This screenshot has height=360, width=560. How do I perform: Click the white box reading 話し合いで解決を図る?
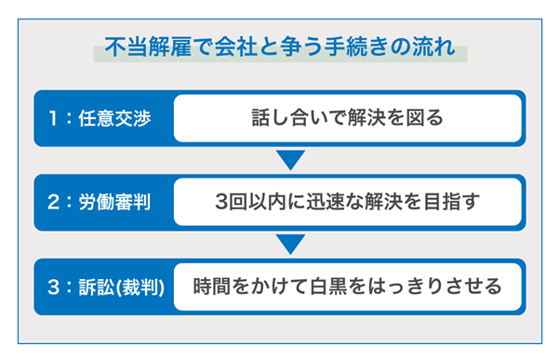347,119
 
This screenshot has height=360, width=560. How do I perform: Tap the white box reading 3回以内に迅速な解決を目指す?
347,202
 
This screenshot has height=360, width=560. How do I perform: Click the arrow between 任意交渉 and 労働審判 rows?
291,160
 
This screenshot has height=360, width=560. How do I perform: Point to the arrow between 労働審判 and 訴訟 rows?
291,244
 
